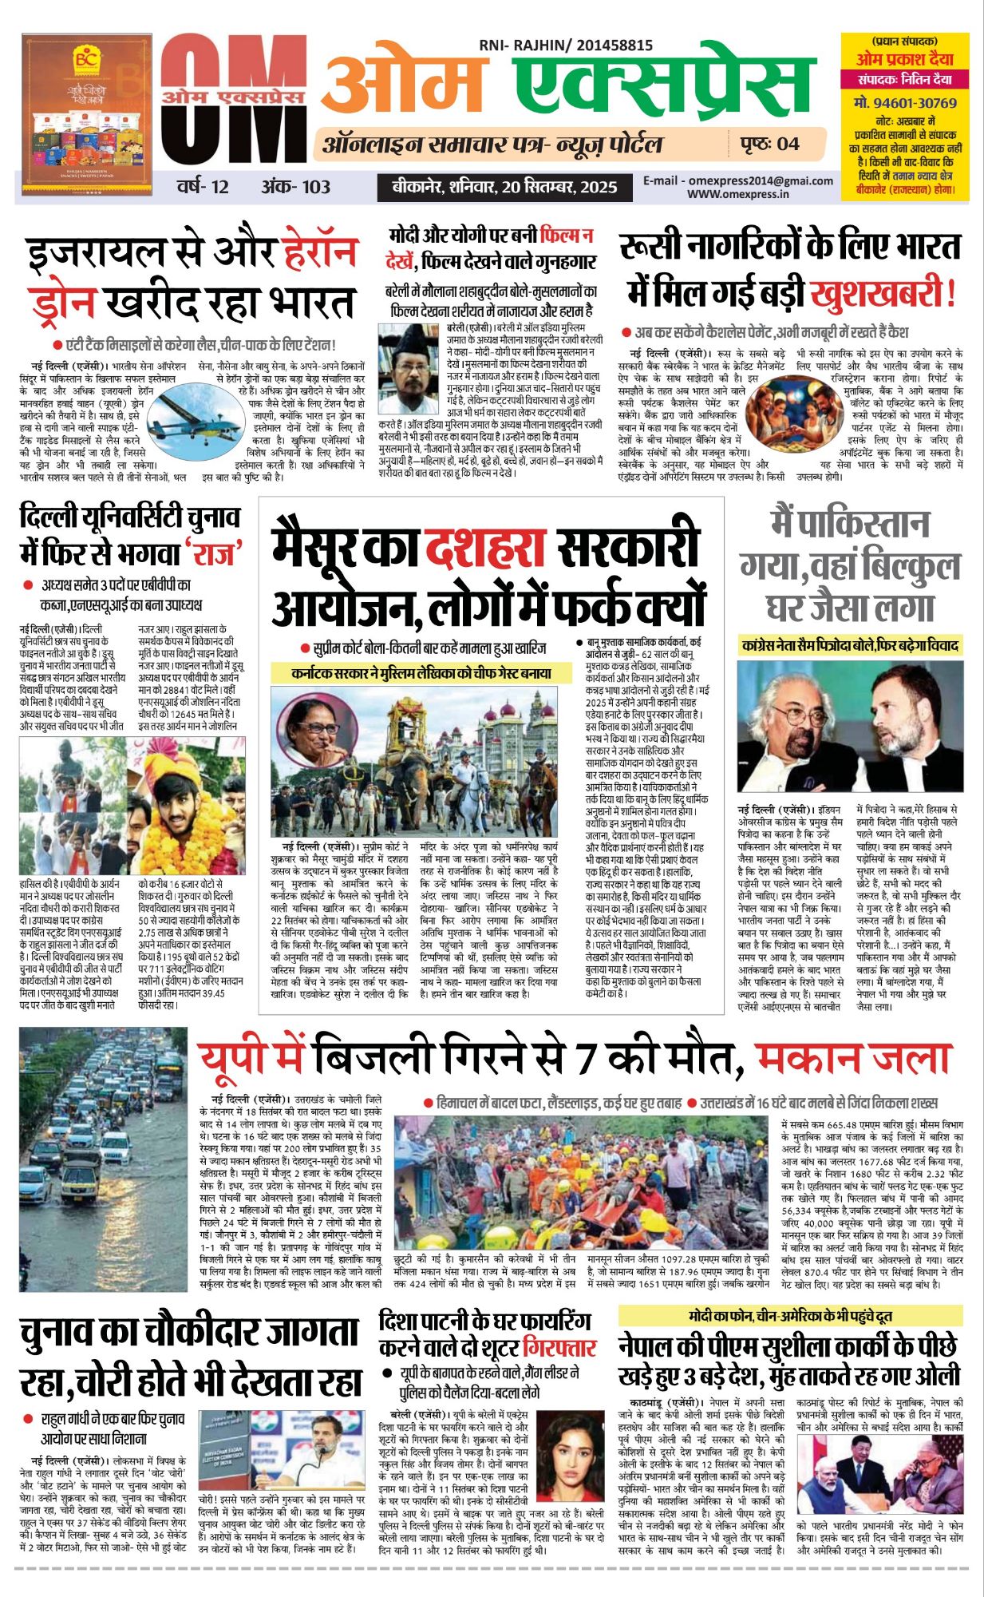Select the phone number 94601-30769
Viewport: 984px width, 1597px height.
(x=904, y=103)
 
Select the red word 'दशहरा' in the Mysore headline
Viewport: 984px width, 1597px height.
(x=484, y=548)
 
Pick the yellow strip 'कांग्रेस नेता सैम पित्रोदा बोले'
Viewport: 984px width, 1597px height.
(x=850, y=644)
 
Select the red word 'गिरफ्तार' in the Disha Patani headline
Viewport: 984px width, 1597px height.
(x=559, y=1349)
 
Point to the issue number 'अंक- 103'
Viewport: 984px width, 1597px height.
(x=295, y=187)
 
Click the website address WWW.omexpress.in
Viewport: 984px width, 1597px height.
(x=737, y=194)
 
